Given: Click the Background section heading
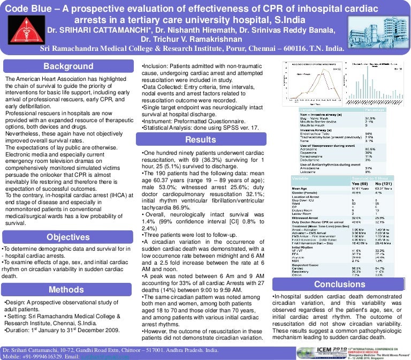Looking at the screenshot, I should (x=68, y=66).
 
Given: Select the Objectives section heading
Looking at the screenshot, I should (x=68, y=237).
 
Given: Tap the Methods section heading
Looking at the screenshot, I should (x=67, y=290).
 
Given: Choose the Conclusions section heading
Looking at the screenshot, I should (x=339, y=284).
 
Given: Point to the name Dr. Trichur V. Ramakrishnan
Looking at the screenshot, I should (x=194, y=39).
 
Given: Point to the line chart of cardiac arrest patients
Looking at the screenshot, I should (x=314, y=83).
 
